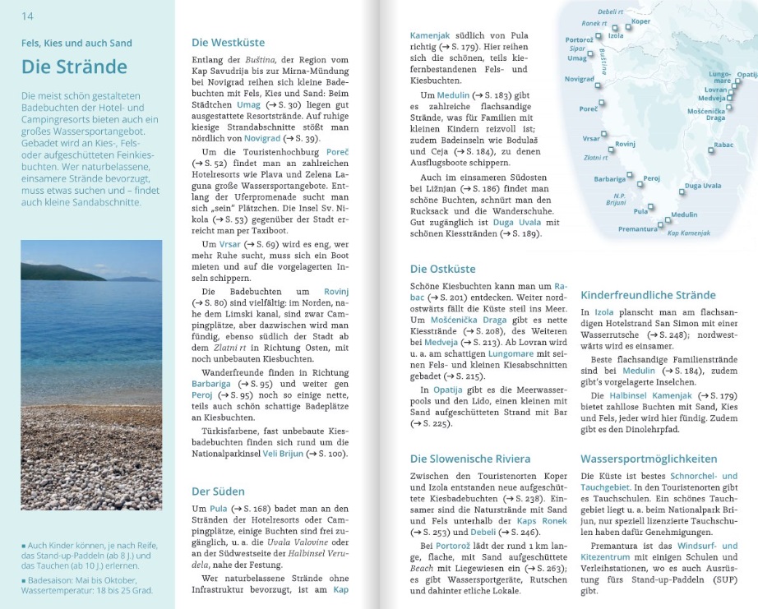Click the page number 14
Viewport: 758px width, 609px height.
click(27, 16)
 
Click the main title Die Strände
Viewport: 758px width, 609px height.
click(74, 67)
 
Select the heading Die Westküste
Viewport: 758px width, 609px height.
click(228, 43)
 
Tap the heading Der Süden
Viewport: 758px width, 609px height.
click(218, 491)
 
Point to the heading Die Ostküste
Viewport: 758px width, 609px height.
click(442, 269)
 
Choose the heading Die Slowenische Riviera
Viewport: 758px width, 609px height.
click(469, 459)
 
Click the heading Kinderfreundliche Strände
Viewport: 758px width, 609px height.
click(648, 295)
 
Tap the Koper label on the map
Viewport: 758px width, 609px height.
click(640, 21)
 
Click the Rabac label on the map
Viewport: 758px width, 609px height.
click(723, 145)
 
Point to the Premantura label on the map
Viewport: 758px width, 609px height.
click(614, 229)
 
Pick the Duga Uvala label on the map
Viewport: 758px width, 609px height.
click(702, 187)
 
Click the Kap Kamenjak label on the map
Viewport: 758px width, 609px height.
click(688, 233)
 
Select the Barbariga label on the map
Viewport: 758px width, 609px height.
click(610, 179)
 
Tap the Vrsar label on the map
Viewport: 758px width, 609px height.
click(591, 138)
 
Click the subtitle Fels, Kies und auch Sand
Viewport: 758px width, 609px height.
click(76, 43)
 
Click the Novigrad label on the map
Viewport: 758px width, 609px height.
click(580, 79)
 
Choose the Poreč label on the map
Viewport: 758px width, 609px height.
click(588, 109)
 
